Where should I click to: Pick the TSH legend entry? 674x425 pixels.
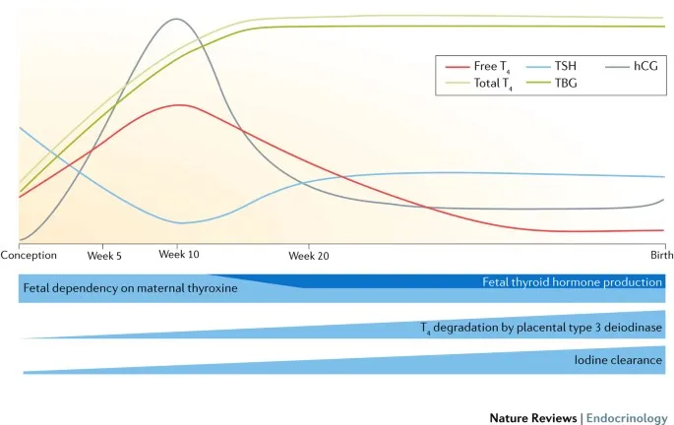[566, 67]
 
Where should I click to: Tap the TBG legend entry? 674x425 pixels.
[566, 85]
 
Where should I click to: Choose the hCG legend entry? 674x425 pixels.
[644, 67]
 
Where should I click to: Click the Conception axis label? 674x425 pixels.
[30, 255]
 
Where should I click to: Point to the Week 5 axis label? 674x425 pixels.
[104, 255]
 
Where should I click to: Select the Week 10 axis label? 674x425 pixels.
[178, 254]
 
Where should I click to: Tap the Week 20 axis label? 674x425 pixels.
[308, 255]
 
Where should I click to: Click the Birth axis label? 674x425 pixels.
[650, 255]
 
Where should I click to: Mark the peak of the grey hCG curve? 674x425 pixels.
[177, 19]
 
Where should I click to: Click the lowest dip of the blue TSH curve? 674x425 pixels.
[178, 223]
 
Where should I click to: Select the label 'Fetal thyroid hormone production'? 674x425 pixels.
[572, 281]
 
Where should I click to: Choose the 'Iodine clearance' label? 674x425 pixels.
[618, 360]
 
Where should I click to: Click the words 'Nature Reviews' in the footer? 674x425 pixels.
[532, 417]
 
